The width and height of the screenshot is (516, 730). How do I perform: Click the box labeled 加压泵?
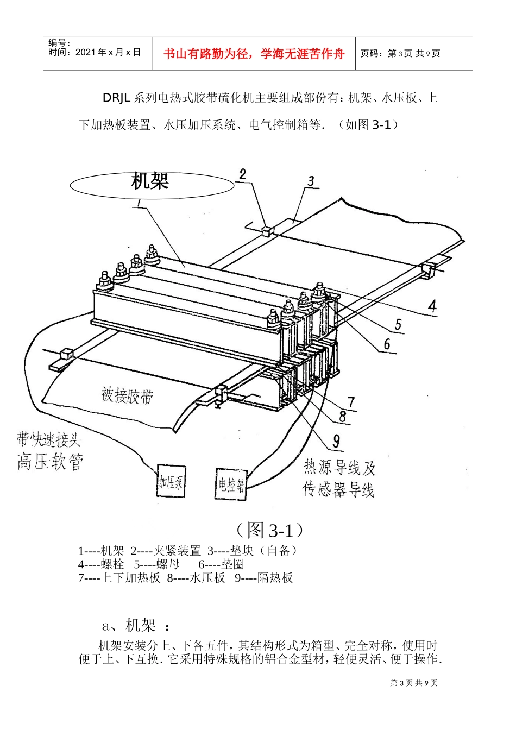(x=171, y=481)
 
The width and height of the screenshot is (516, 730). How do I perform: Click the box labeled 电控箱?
(x=231, y=484)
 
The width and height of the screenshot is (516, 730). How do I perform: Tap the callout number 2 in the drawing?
(x=242, y=174)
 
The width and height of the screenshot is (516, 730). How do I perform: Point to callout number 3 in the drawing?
(x=311, y=181)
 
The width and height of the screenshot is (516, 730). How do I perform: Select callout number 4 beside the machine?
(x=432, y=306)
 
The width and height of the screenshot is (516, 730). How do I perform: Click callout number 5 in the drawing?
(x=398, y=325)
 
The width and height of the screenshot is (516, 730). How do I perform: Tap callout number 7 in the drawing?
(x=351, y=402)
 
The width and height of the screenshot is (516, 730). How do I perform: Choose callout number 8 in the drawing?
(x=342, y=416)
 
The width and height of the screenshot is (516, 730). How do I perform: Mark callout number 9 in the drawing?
(x=336, y=442)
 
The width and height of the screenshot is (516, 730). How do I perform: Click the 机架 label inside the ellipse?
(x=150, y=181)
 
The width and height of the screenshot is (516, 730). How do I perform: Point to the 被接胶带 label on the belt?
(x=127, y=395)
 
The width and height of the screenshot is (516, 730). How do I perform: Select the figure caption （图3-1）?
(x=270, y=530)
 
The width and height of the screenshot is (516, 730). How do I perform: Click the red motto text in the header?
(x=254, y=54)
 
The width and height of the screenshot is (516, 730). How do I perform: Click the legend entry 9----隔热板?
(x=264, y=578)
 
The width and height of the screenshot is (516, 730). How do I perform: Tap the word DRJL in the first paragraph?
(x=117, y=98)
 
